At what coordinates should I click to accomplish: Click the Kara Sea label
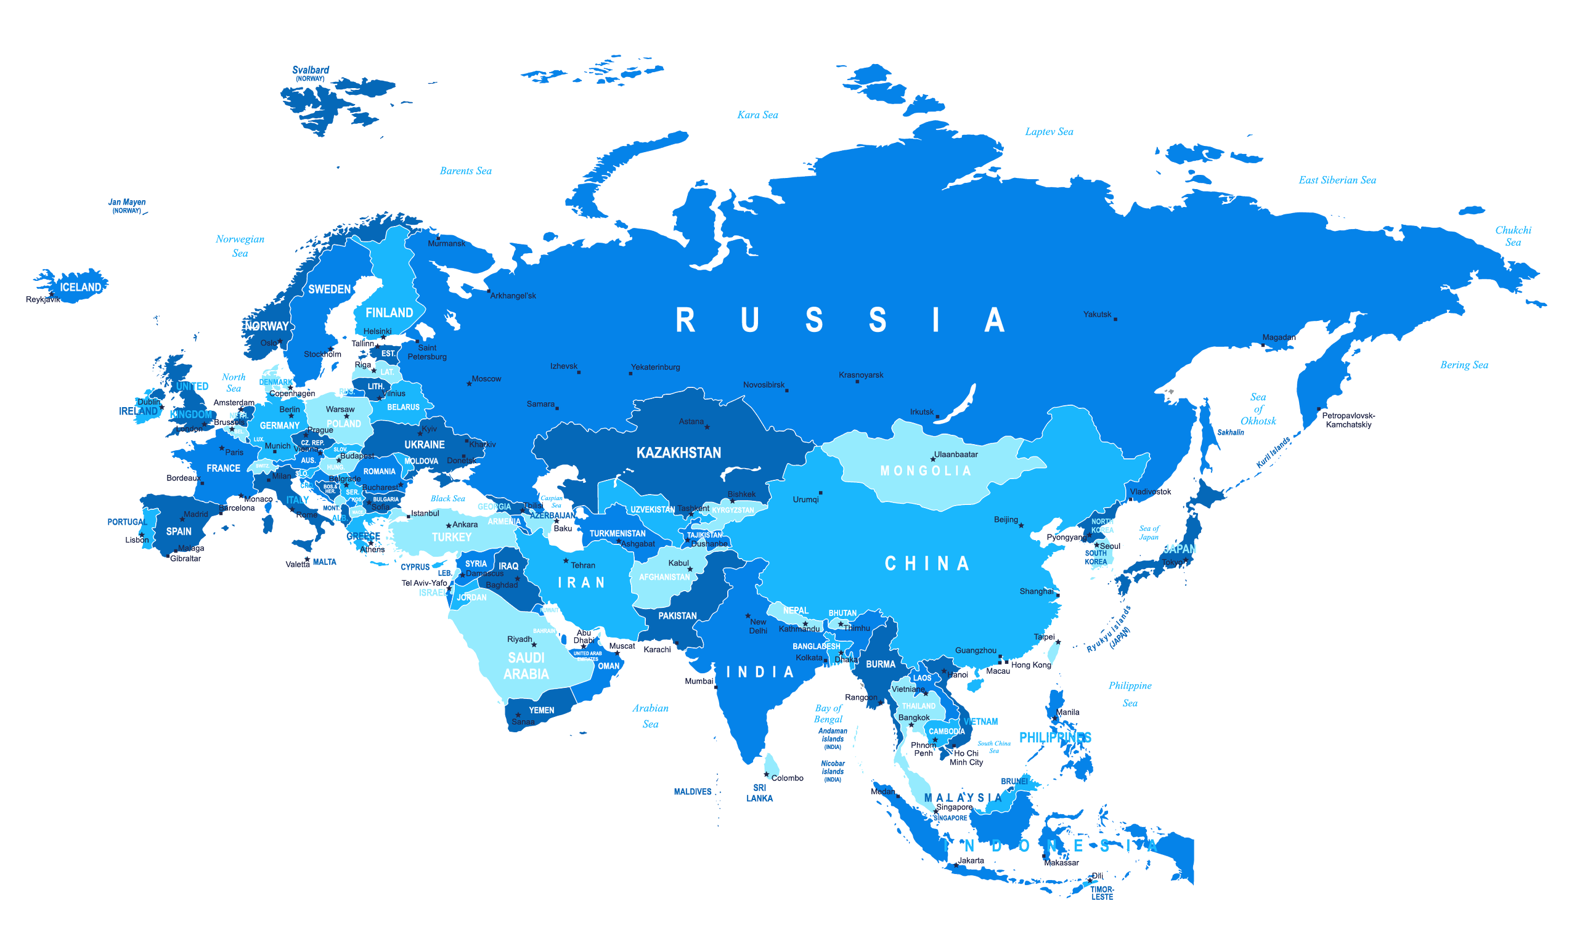pyautogui.click(x=757, y=115)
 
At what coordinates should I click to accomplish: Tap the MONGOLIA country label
pyautogui.click(x=925, y=471)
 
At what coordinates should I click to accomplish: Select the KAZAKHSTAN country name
pyautogui.click(x=678, y=453)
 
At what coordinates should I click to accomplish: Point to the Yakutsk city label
pyautogui.click(x=1097, y=314)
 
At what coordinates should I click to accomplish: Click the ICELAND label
pyautogui.click(x=80, y=288)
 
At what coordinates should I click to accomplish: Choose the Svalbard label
pyautogui.click(x=311, y=70)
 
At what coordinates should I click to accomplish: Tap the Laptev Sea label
pyautogui.click(x=1048, y=132)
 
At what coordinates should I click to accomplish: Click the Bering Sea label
pyautogui.click(x=1464, y=365)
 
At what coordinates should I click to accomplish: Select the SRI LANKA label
pyautogui.click(x=759, y=793)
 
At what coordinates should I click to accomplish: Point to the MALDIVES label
pyautogui.click(x=693, y=792)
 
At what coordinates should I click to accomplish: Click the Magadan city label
pyautogui.click(x=1279, y=338)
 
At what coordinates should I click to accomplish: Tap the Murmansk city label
pyautogui.click(x=446, y=243)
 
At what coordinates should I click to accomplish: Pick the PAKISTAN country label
pyautogui.click(x=677, y=616)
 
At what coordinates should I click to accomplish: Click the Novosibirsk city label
pyautogui.click(x=764, y=385)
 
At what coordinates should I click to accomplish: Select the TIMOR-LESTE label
pyautogui.click(x=1102, y=893)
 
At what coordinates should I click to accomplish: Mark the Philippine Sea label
pyautogui.click(x=1130, y=694)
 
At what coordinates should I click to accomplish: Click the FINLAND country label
pyautogui.click(x=389, y=313)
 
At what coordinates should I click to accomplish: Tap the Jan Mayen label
pyautogui.click(x=127, y=203)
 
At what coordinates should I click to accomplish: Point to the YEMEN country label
pyautogui.click(x=542, y=710)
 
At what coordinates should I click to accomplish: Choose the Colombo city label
pyautogui.click(x=787, y=778)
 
